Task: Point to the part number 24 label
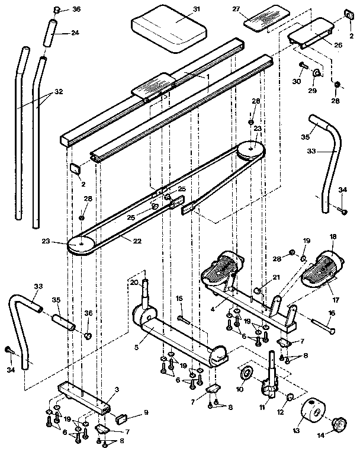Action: pyautogui.click(x=75, y=33)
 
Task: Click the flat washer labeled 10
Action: pyautogui.click(x=246, y=374)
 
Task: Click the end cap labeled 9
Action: pyautogui.click(x=120, y=417)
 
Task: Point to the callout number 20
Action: pyautogui.click(x=134, y=282)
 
